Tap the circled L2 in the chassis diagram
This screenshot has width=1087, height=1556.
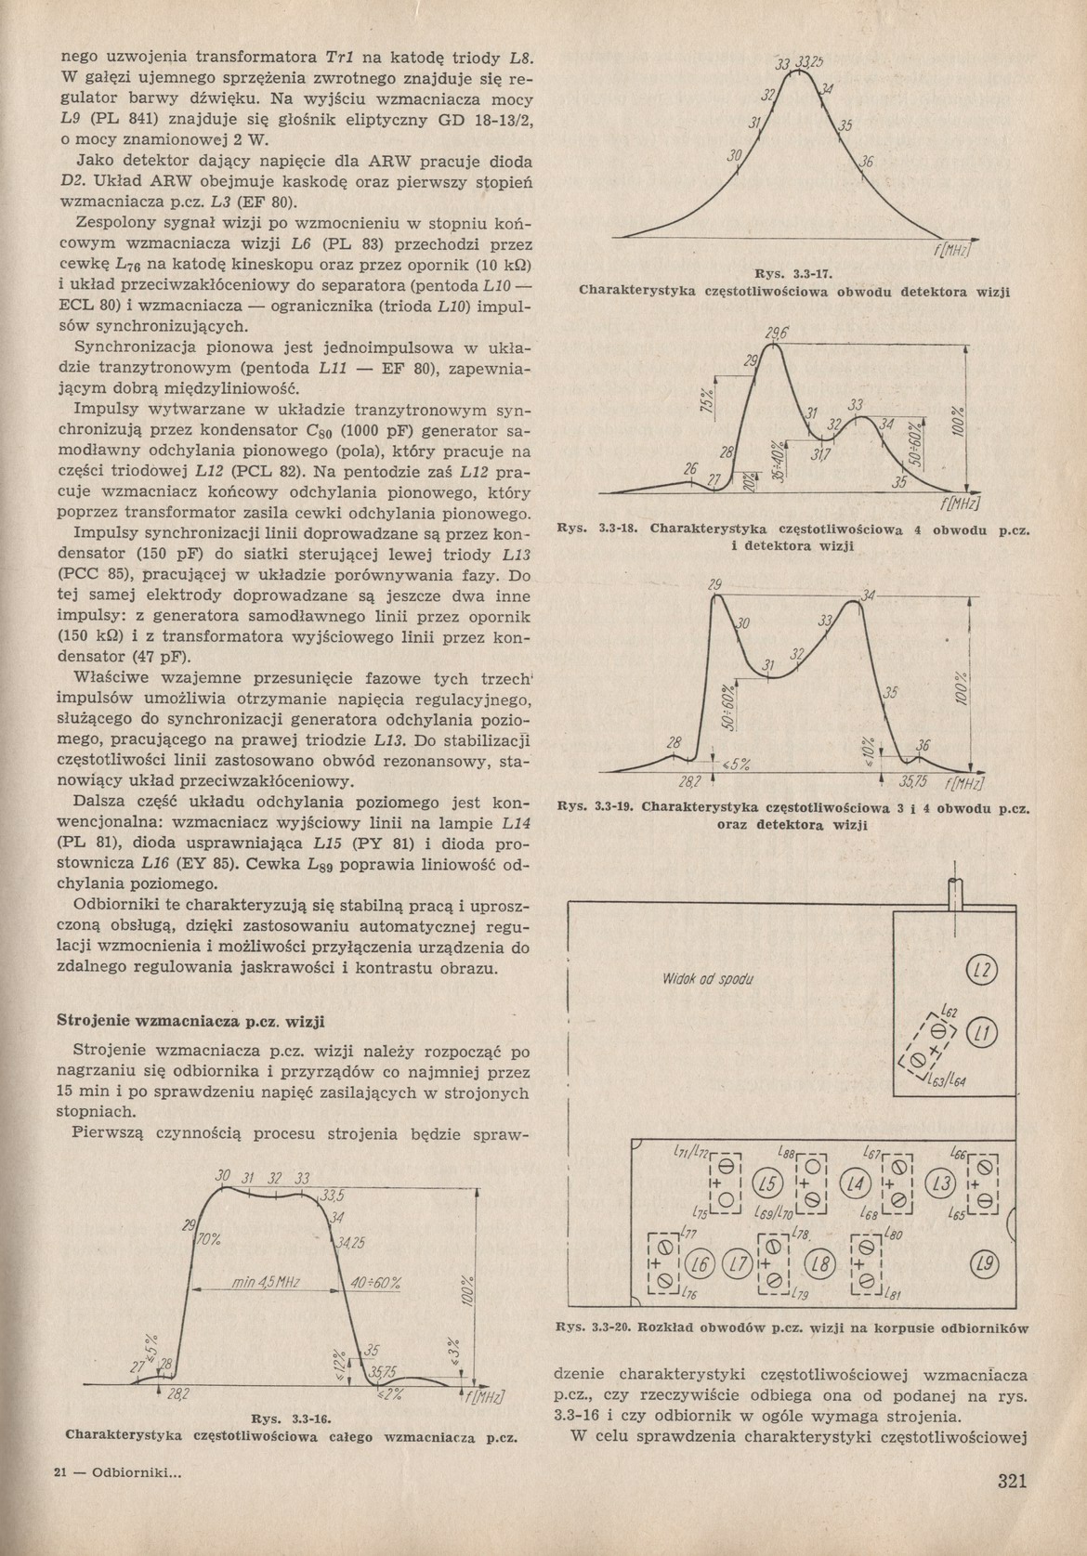coord(981,972)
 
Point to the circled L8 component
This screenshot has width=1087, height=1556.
coord(819,1264)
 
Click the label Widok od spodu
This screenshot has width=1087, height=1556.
coord(707,979)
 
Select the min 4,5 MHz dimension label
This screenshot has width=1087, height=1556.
coord(265,1283)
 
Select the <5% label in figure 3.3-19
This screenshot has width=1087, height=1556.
coord(736,765)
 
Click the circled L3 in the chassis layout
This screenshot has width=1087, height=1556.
coord(942,1183)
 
